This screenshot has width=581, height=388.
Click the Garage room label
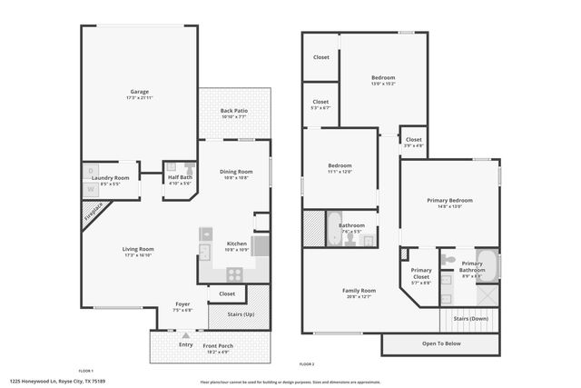click(x=139, y=92)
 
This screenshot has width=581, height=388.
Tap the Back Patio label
click(x=234, y=111)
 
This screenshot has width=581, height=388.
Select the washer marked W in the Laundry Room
click(x=91, y=189)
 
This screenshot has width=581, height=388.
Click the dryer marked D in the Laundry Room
click(x=91, y=171)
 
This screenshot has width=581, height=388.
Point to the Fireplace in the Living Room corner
click(x=93, y=214)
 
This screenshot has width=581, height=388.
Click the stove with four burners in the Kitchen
click(x=235, y=272)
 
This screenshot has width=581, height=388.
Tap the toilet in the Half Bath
click(x=189, y=168)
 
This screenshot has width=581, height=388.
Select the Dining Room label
click(x=236, y=172)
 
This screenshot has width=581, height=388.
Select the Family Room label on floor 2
click(x=360, y=291)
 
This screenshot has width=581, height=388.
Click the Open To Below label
click(x=441, y=343)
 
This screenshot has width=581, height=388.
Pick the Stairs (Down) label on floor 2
click(x=471, y=319)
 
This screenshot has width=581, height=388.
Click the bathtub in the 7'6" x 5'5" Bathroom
click(x=313, y=229)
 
